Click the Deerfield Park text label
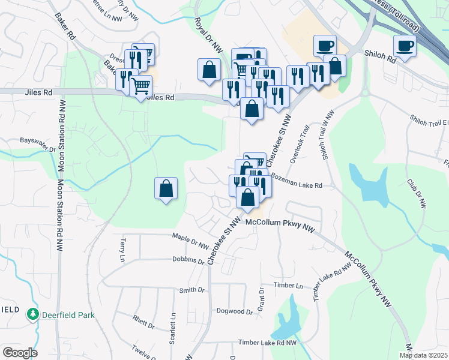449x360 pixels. coord(68,314)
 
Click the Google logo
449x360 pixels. coord(19,353)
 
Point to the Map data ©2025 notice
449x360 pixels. coord(423,355)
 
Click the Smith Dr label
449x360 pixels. coord(192,290)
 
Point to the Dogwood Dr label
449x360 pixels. coord(235,311)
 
